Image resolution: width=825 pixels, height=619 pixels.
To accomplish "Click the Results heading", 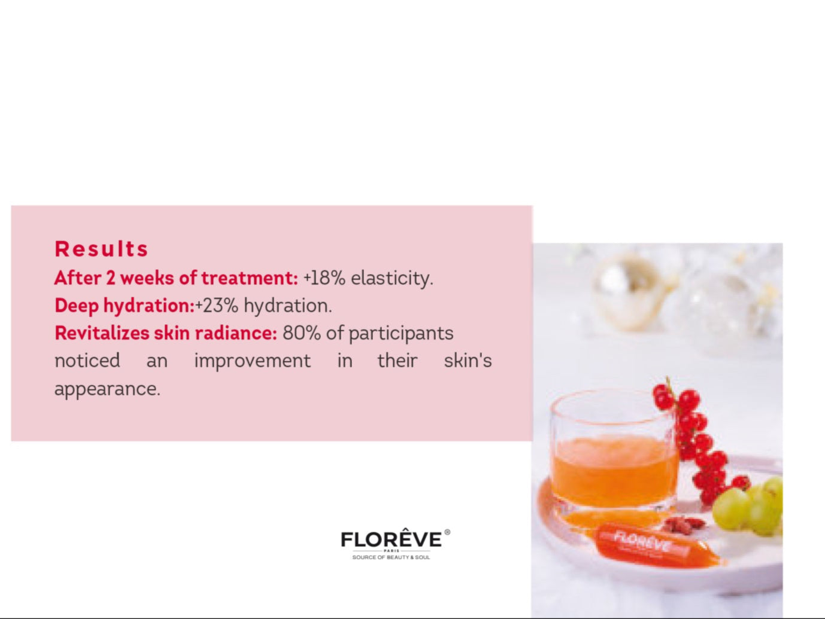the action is click(102, 249).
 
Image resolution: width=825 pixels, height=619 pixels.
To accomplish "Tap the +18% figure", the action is click(324, 278).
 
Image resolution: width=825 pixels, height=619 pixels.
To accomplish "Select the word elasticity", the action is click(392, 279).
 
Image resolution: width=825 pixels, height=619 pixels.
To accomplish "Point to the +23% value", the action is click(217, 306).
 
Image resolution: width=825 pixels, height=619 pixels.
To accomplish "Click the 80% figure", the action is click(301, 333).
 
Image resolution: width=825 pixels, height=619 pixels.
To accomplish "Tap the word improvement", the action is click(252, 361).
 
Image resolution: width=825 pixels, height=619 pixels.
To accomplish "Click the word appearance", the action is click(108, 389).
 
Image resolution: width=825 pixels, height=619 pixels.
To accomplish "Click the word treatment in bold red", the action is click(250, 278).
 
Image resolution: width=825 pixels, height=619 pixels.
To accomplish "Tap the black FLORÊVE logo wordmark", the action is click(392, 539).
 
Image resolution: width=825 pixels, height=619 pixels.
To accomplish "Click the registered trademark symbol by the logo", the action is click(447, 532).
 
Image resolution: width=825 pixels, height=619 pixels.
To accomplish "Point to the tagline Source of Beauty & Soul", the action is click(391, 557).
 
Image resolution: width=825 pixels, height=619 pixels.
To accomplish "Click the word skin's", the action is click(468, 361).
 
